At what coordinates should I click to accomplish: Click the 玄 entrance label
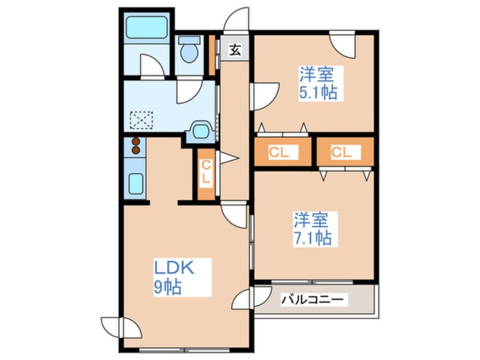pos(235,50)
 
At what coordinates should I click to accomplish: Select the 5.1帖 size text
pos(319,93)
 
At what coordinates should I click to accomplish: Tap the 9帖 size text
pos(167,288)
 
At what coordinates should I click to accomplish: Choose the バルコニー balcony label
pos(314,299)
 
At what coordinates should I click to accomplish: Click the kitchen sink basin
pos(136,183)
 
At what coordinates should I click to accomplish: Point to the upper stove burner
pos(136,142)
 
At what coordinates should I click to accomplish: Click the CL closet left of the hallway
pos(207,173)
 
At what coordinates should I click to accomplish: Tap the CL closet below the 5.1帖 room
pos(282,152)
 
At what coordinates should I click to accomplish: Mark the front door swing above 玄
pos(237,20)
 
